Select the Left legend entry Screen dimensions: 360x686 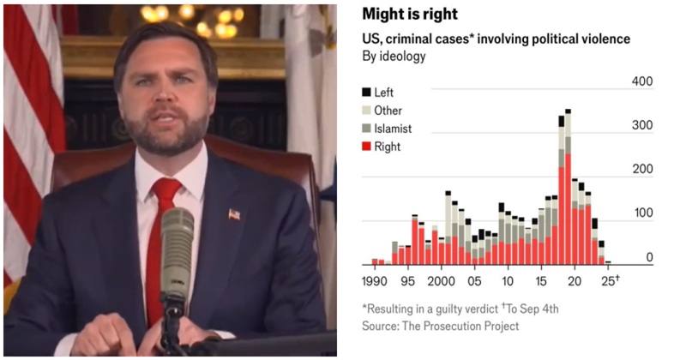(387, 92)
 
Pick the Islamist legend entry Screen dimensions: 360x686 (393, 129)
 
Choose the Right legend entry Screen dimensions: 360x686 (387, 147)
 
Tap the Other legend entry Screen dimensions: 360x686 (388, 111)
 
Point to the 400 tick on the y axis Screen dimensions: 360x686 (643, 82)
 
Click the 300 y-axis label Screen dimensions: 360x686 (643, 126)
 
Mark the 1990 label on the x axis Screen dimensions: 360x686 (376, 279)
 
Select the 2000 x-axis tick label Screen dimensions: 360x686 (441, 279)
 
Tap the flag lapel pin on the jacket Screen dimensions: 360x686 (234, 214)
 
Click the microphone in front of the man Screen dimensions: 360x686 (177, 249)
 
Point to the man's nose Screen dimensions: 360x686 (159, 107)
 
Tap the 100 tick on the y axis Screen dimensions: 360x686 (643, 213)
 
